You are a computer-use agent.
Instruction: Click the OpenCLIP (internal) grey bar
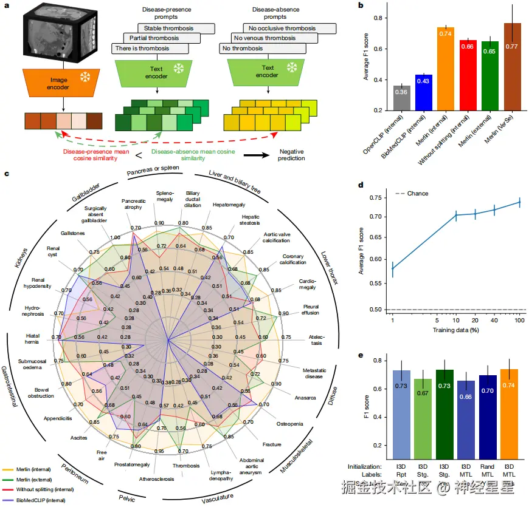402,98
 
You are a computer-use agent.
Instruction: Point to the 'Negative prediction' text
288,154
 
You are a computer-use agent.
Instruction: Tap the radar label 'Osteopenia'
289,423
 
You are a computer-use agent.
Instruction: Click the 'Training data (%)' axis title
455,330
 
